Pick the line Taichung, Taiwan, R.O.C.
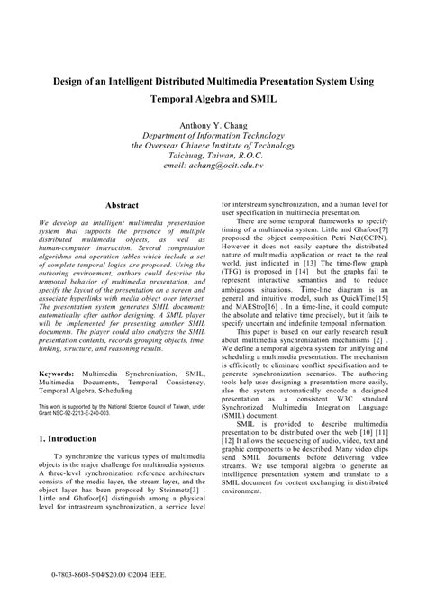point(213,154)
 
